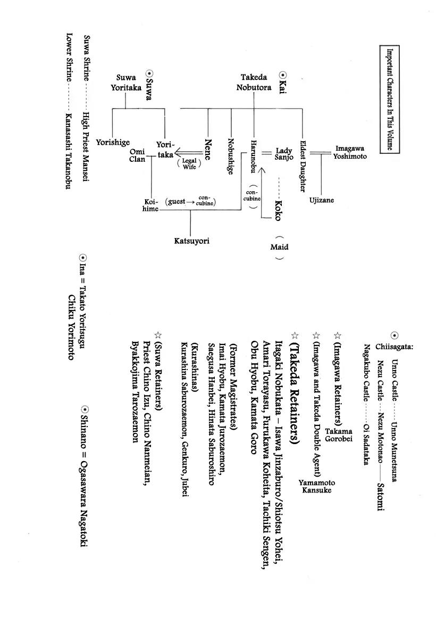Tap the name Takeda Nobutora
pyautogui.click(x=254, y=83)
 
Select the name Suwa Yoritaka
pyautogui.click(x=126, y=83)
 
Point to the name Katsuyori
pyautogui.click(x=191, y=241)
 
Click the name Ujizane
pyautogui.click(x=322, y=200)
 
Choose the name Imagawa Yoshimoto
pyautogui.click(x=350, y=152)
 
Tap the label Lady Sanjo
pyautogui.click(x=284, y=154)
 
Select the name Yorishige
pyautogui.click(x=113, y=142)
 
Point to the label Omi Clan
pyautogui.click(x=137, y=155)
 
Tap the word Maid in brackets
pyautogui.click(x=279, y=247)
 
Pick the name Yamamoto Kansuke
pyautogui.click(x=317, y=486)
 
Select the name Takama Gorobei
pyautogui.click(x=339, y=420)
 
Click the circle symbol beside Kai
pyautogui.click(x=283, y=76)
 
